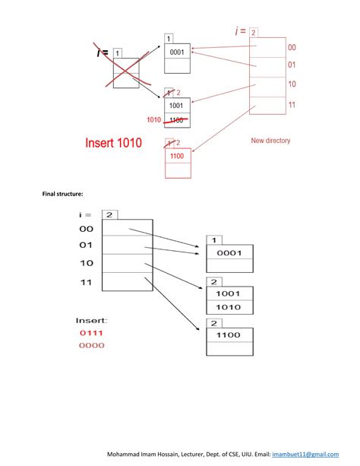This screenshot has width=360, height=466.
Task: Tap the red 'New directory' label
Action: click(x=270, y=141)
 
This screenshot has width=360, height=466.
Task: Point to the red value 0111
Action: click(x=91, y=332)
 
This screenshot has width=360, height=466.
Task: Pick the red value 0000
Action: click(x=91, y=345)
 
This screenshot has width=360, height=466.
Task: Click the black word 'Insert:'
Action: click(x=91, y=319)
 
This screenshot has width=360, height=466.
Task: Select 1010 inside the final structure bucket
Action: click(x=229, y=307)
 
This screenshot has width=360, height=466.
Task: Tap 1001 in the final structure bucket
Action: click(x=229, y=293)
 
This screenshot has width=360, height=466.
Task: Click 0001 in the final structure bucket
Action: click(x=229, y=253)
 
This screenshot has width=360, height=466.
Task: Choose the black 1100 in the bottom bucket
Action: click(x=229, y=334)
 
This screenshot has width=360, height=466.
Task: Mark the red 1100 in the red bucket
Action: click(x=177, y=156)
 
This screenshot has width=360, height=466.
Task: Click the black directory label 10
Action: click(x=86, y=263)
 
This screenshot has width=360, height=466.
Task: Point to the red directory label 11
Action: click(x=292, y=105)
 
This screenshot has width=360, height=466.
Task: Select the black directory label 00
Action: click(x=86, y=229)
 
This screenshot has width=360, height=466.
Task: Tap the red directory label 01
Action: click(x=292, y=65)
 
